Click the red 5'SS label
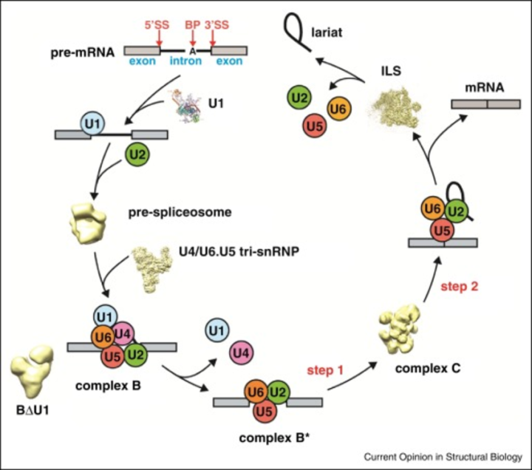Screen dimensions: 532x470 (157, 25)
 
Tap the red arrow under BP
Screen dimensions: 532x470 (193, 38)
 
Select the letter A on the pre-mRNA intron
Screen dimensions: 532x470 (193, 51)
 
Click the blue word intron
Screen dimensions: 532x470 (185, 61)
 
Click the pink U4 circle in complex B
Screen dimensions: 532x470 (123, 334)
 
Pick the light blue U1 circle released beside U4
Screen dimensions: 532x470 (217, 330)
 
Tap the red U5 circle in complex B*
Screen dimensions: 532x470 (265, 412)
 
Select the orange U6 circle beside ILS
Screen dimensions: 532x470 (338, 109)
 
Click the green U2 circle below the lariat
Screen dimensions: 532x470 (299, 98)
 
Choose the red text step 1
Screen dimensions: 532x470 (325, 370)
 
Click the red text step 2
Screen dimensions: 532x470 (460, 287)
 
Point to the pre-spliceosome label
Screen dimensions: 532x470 (180, 212)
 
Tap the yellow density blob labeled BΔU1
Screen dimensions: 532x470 (31, 370)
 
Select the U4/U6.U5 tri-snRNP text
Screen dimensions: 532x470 (239, 251)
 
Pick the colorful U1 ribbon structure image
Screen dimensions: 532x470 (187, 106)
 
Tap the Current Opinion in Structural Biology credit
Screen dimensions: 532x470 (443, 457)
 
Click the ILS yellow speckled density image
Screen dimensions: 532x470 (395, 107)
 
